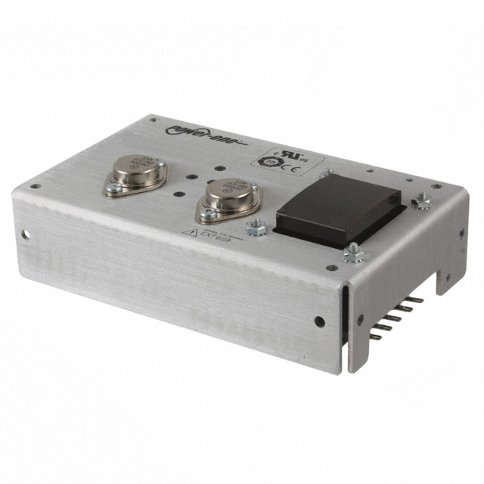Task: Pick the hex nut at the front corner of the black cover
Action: pos(351,253)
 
